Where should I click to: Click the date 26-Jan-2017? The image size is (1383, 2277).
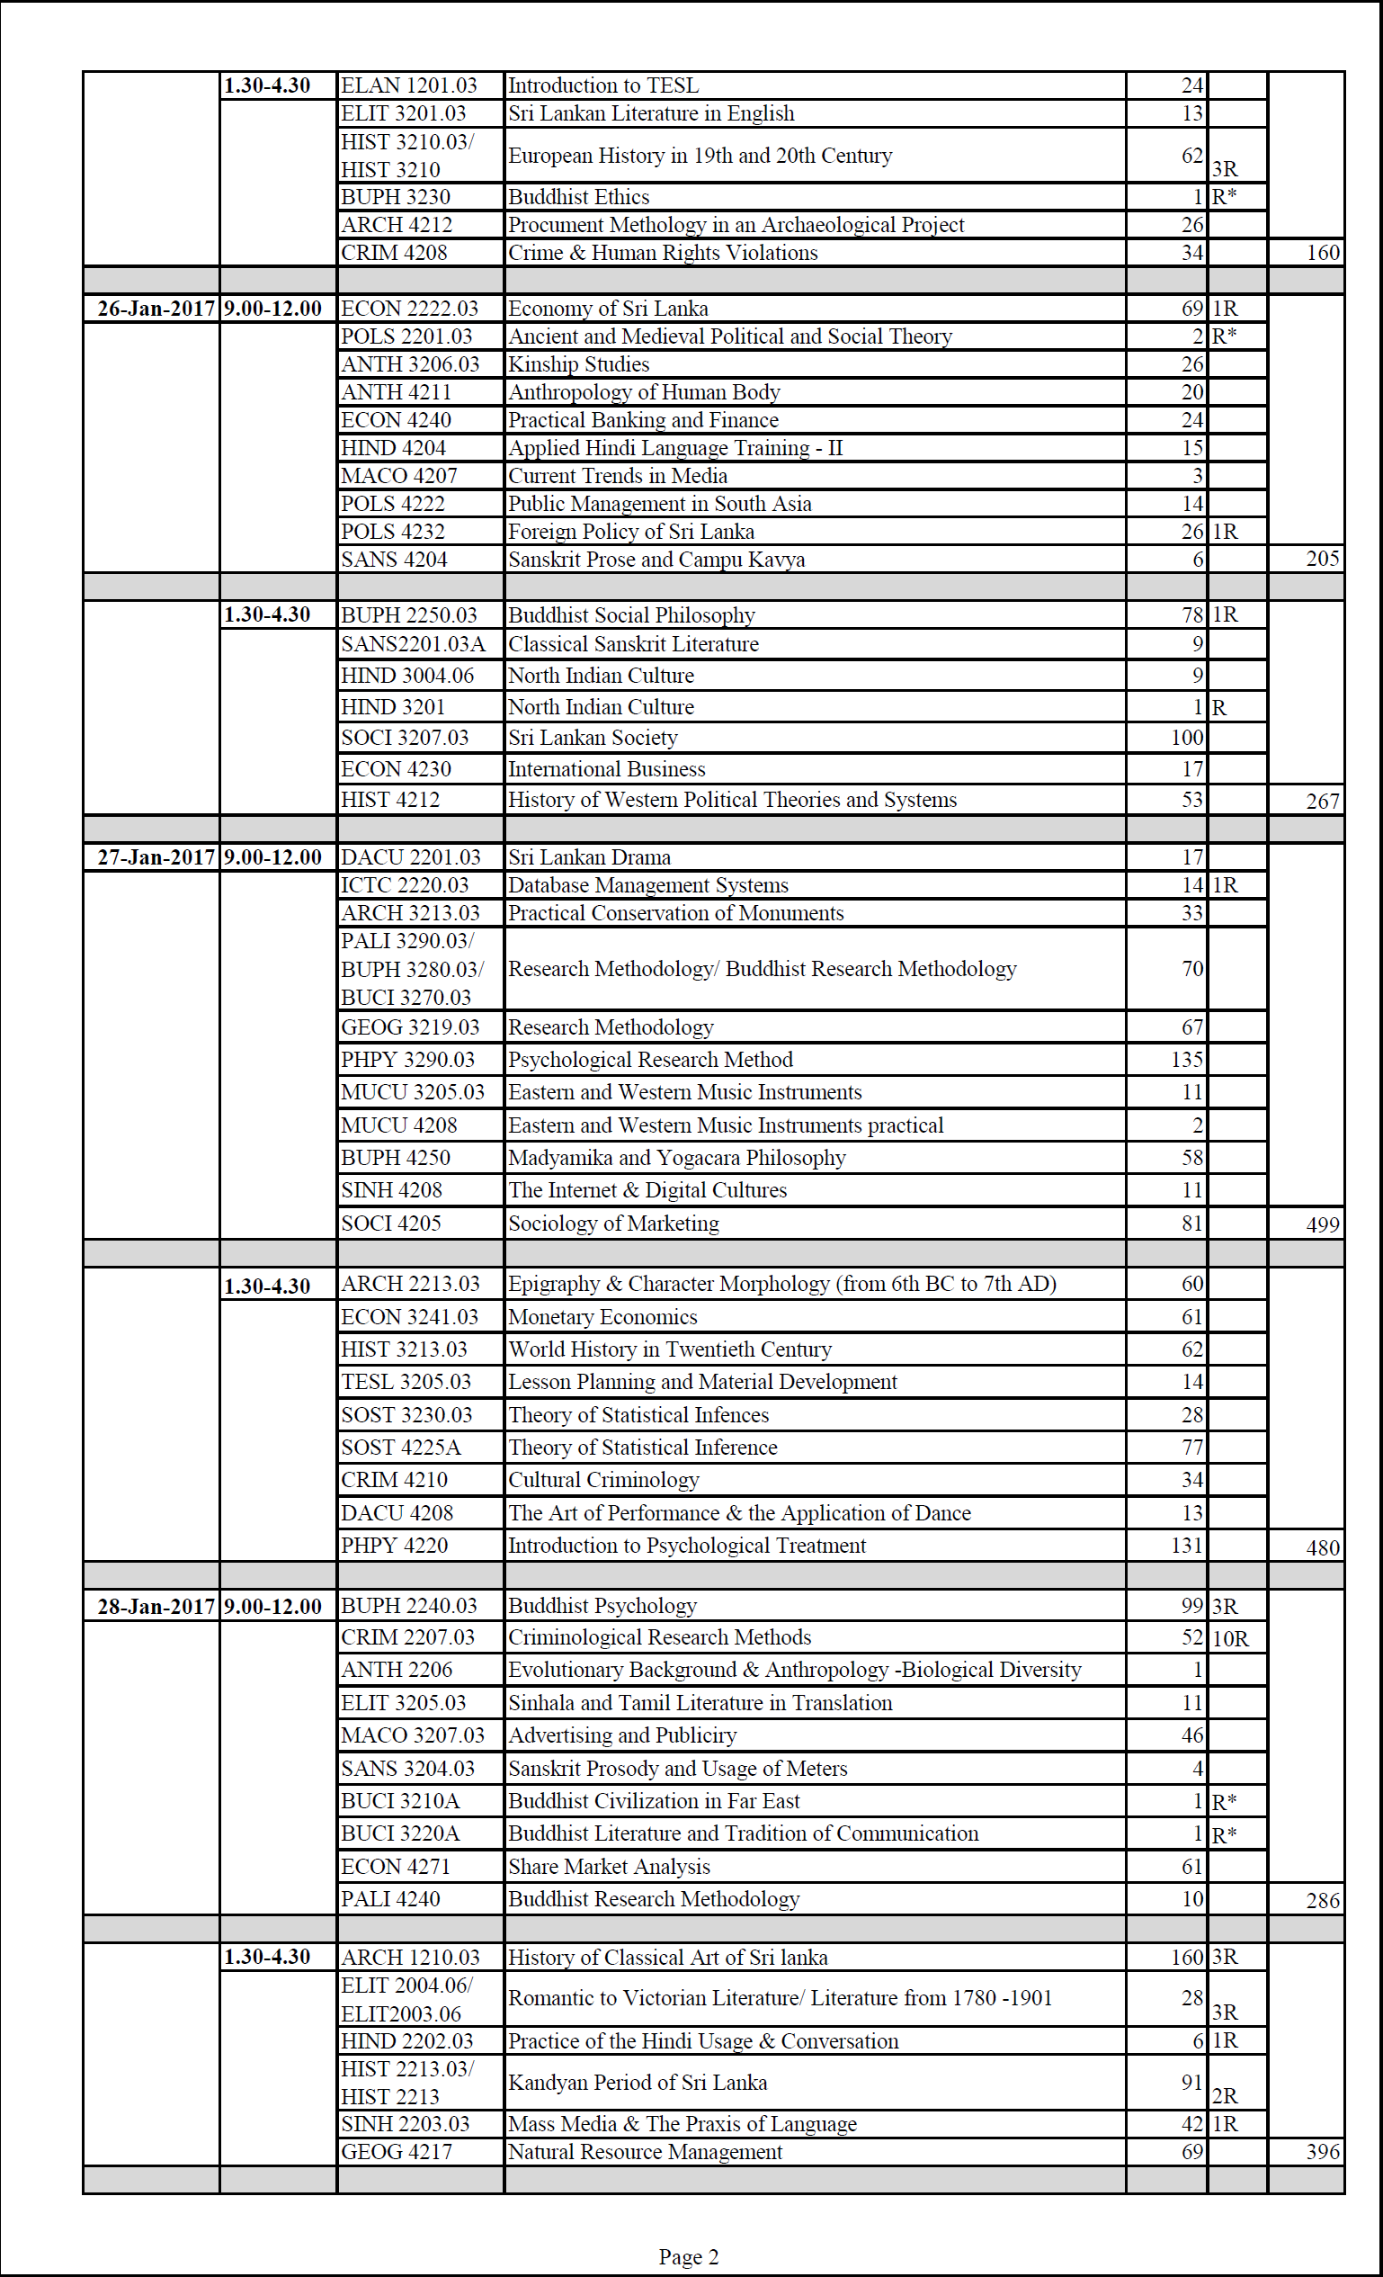[156, 309]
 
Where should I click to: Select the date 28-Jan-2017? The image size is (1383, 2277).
[156, 1606]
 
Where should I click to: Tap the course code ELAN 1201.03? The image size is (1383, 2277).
[409, 86]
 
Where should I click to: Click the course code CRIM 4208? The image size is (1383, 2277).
[395, 253]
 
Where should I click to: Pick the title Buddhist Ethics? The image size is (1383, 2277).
[579, 197]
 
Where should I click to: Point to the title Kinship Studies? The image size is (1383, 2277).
[579, 364]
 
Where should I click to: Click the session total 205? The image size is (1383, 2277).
[1322, 558]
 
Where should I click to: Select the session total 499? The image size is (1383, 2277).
[1322, 1224]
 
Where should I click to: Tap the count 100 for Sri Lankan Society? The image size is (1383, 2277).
[1187, 738]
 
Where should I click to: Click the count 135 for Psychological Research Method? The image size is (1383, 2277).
[1187, 1060]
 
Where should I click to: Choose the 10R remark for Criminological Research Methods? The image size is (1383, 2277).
[1229, 1638]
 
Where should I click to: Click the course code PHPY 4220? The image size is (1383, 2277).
[395, 1545]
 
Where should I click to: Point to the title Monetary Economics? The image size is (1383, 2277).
[603, 1317]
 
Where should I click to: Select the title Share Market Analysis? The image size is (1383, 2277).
[610, 1867]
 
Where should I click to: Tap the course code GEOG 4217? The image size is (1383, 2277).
[397, 2152]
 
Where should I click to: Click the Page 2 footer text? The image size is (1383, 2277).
[688, 2256]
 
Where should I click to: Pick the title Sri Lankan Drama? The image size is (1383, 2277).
[589, 857]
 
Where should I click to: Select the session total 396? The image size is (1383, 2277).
[1322, 2152]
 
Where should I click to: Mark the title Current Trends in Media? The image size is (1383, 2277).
[618, 476]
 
